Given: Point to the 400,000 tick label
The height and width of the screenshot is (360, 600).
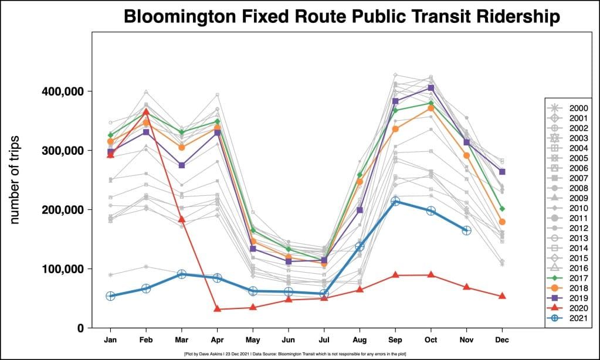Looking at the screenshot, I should click(x=62, y=91).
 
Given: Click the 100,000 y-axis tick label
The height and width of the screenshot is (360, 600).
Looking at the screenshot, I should click(x=62, y=269).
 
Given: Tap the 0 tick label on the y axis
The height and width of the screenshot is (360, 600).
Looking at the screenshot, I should click(x=81, y=328).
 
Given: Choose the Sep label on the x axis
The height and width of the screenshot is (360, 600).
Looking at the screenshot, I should click(x=395, y=339).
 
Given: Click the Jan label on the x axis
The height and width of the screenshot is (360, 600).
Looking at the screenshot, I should click(x=110, y=339).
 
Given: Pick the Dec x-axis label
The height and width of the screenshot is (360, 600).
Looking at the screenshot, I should click(x=502, y=339).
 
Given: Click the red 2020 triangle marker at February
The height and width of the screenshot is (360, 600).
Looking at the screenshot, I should click(x=146, y=111).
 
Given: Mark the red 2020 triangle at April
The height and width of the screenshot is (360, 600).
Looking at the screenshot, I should click(x=217, y=308).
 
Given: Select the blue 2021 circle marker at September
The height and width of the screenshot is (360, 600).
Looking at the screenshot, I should click(x=395, y=201).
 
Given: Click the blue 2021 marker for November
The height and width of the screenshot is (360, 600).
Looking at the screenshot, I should click(x=466, y=230).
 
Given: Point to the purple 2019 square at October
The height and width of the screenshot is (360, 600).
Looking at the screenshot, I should click(x=431, y=88).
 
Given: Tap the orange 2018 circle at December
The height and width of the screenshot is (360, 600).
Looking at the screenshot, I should click(x=502, y=222).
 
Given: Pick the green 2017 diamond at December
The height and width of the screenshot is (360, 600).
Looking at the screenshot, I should click(x=502, y=209).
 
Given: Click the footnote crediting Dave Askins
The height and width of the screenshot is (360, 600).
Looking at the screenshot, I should click(x=300, y=354).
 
